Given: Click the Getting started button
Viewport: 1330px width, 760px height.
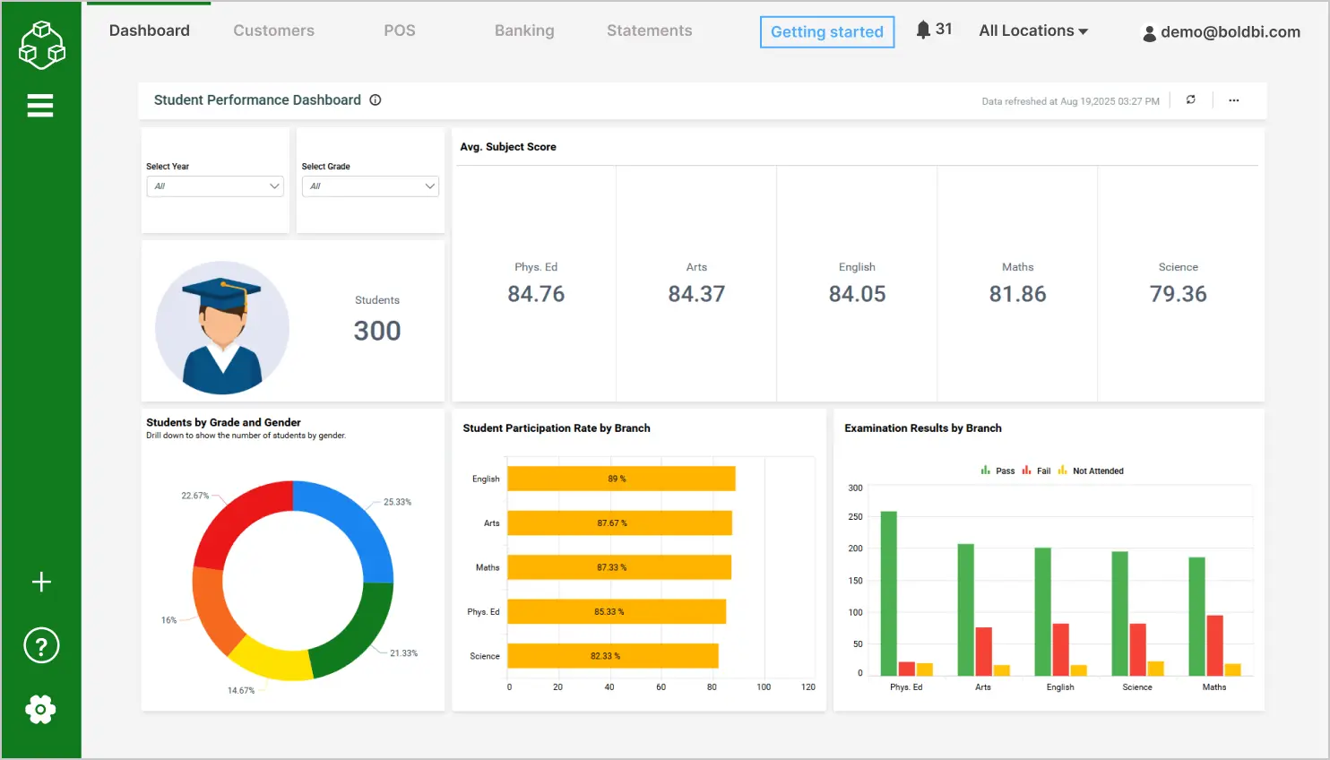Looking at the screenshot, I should point(826,32).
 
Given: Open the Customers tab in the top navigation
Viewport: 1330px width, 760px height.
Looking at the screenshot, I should point(273,30).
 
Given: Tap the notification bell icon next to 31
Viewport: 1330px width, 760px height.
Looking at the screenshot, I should point(923,30).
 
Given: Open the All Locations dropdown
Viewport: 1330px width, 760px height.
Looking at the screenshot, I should point(1032,30).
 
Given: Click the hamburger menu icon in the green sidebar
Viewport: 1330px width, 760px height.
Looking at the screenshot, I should point(40,106).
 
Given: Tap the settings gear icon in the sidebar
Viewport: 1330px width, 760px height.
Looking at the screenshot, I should point(40,710).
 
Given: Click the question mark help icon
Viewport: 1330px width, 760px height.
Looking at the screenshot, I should point(41,645).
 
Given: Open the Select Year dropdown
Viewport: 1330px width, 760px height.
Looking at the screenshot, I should point(215,186).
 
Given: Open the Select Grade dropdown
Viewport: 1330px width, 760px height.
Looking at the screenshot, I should point(370,186).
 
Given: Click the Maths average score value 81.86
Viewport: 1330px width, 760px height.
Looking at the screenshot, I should point(1017,294).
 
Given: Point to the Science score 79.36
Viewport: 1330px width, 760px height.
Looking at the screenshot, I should point(1178,294).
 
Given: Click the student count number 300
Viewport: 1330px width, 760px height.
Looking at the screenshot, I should point(376,331).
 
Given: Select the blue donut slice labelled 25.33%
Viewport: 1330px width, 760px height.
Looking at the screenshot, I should point(354,520).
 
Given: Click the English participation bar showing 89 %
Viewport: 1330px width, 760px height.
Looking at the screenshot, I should point(621,479).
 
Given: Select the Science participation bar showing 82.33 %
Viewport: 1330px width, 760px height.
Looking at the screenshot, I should point(613,656).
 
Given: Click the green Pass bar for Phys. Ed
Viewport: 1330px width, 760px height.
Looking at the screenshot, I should point(888,592).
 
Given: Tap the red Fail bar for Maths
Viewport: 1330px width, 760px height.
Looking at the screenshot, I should point(1214,645).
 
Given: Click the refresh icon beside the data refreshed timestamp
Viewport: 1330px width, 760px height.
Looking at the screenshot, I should point(1190,100).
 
